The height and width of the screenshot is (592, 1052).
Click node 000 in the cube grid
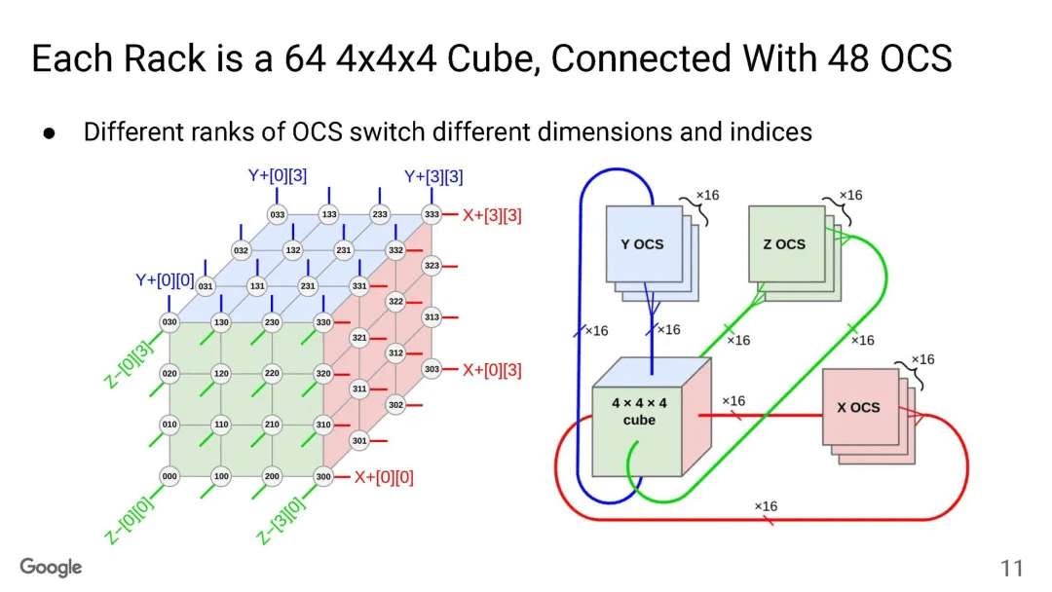[x=169, y=476]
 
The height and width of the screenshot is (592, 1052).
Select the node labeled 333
[x=431, y=214]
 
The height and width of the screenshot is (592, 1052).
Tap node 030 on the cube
[x=169, y=322]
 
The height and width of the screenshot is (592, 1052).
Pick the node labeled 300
[x=323, y=476]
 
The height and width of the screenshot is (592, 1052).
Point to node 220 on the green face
[x=272, y=374]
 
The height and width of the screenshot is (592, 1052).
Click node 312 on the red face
[x=395, y=353]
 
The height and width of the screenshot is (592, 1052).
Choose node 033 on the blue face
[x=278, y=214]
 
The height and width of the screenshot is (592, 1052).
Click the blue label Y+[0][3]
[x=278, y=176]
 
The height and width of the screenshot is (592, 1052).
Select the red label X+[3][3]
[x=492, y=215]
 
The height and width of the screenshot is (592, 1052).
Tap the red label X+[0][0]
[x=384, y=477]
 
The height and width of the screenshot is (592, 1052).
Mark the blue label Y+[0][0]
[x=165, y=281]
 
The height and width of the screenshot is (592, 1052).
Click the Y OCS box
[x=642, y=244]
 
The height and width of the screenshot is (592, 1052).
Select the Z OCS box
[x=784, y=244]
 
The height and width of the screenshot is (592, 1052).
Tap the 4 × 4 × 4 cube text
[x=639, y=411]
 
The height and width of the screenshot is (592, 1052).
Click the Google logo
[x=52, y=567]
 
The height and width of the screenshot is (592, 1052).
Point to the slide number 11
[x=1011, y=569]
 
